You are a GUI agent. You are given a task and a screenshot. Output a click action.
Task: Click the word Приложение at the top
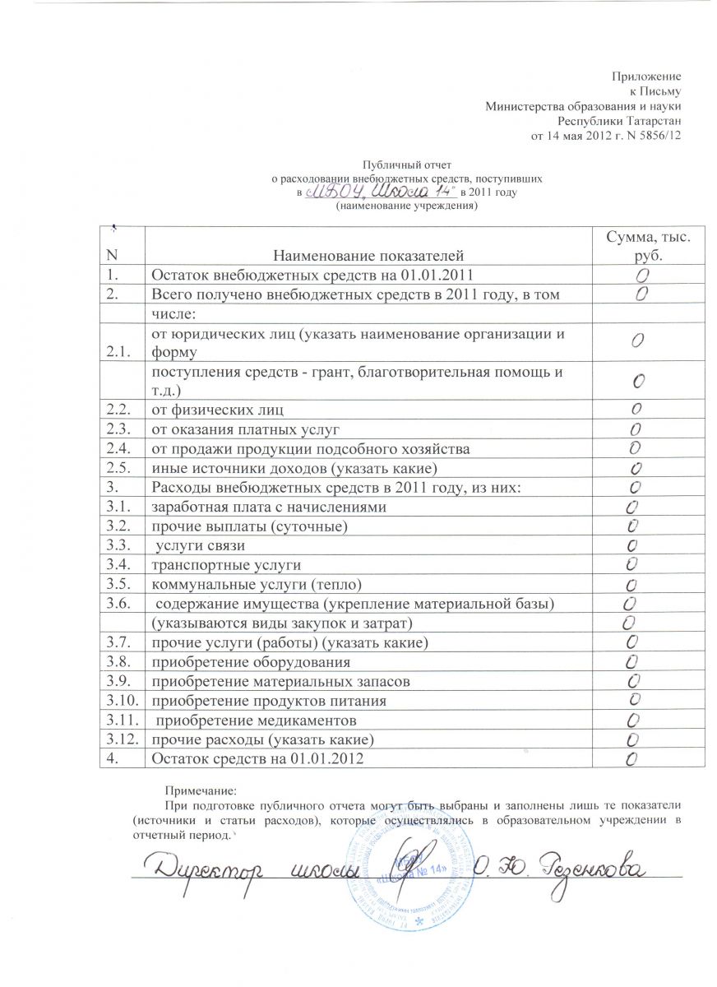pos(648,76)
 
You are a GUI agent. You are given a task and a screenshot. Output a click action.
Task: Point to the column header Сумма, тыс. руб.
pos(648,244)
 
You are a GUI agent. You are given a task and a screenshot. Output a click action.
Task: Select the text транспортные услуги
pos(224,564)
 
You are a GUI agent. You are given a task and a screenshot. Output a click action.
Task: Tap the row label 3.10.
pos(121,701)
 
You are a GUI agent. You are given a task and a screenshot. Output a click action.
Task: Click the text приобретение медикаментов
pos(257,721)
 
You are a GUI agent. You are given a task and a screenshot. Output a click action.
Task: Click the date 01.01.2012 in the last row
pos(328,759)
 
